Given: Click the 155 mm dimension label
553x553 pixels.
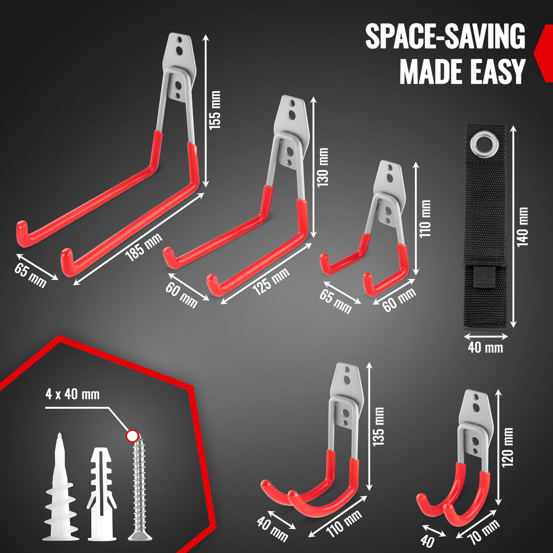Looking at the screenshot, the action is [x=215, y=110].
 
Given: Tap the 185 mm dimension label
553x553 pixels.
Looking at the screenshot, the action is [x=144, y=247].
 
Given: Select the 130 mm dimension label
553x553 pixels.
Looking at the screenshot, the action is [x=323, y=167].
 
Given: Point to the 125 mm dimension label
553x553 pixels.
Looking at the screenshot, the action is [x=271, y=282].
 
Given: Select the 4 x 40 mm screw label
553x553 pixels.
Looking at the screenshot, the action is [x=72, y=394].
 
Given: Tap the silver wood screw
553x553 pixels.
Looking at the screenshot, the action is [x=140, y=487].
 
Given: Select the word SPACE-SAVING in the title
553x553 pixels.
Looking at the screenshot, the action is [x=445, y=37].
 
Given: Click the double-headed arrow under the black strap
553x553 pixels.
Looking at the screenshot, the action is [x=486, y=337].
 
